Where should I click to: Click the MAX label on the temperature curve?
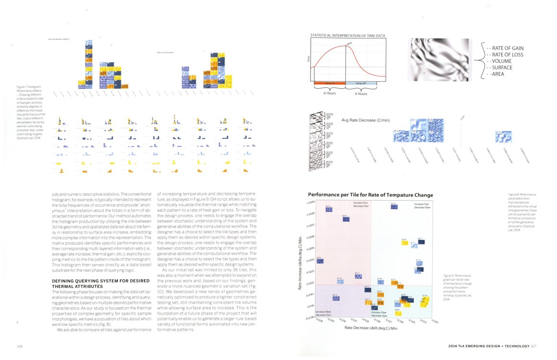pyautogui.click(x=350, y=44)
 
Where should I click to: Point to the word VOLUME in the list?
pyautogui.click(x=503, y=61)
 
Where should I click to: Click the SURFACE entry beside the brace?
pyautogui.click(x=504, y=68)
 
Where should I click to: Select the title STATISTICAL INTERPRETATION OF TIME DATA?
pyautogui.click(x=348, y=36)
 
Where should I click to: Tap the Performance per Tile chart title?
pyautogui.click(x=370, y=195)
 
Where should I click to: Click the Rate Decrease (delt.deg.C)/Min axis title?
pyautogui.click(x=370, y=327)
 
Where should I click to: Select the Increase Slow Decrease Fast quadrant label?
pyautogui.click(x=331, y=313)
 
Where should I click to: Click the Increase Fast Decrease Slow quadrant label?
pyautogui.click(x=423, y=206)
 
